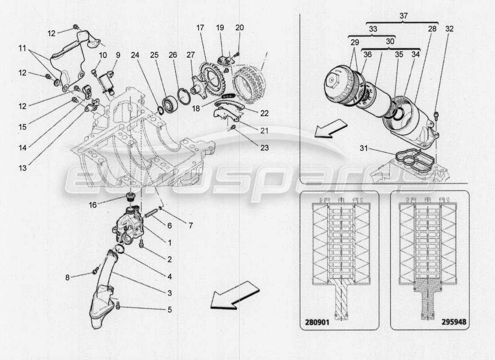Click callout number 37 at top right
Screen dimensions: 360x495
[x=403, y=16]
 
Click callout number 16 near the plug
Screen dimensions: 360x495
[x=93, y=204]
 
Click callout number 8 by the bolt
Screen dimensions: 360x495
[x=67, y=278]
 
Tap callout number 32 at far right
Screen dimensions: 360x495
[x=449, y=28]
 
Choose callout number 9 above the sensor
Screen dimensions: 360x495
[x=118, y=55]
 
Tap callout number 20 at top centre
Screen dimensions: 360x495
[x=239, y=27]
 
